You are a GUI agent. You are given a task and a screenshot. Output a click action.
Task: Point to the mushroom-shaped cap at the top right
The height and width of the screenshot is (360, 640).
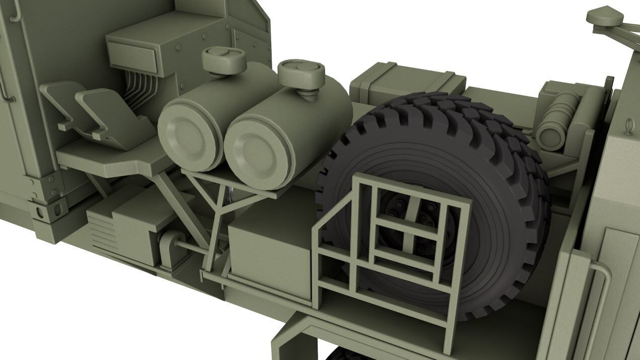pyautogui.click(x=605, y=16)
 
